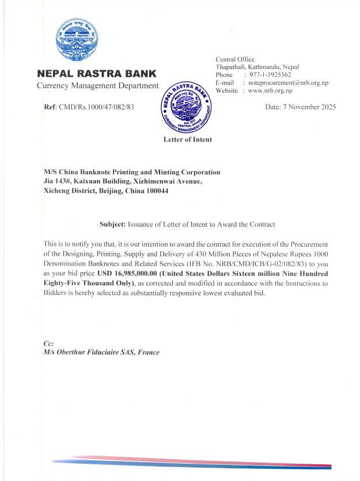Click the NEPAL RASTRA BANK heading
pyautogui.click(x=96, y=74)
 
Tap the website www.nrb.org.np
pyautogui.click(x=270, y=91)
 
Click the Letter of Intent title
pyautogui.click(x=188, y=139)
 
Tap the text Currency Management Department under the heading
pyautogui.click(x=97, y=86)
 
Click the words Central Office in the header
pyautogui.click(x=234, y=59)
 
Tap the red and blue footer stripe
pyautogui.click(x=190, y=462)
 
